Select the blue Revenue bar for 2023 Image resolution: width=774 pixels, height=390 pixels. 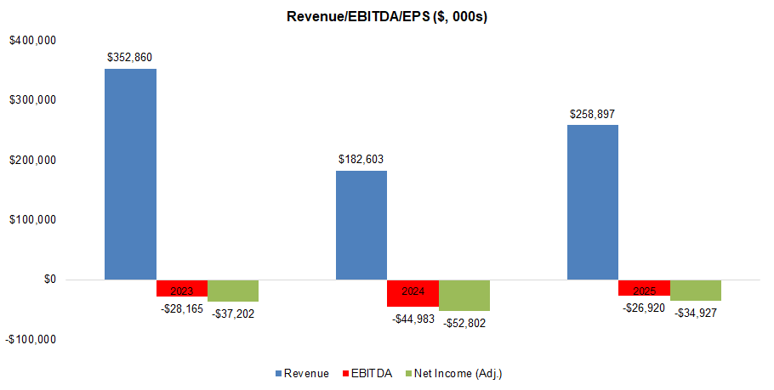click(x=130, y=173)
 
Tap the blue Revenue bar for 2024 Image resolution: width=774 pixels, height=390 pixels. click(x=361, y=224)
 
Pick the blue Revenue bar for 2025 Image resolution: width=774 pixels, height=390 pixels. click(x=593, y=201)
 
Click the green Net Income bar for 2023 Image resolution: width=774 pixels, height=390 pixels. click(x=233, y=291)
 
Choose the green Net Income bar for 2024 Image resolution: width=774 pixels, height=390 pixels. click(x=464, y=295)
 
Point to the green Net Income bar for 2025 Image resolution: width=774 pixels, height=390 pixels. click(x=696, y=290)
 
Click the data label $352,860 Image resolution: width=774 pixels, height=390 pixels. click(x=130, y=58)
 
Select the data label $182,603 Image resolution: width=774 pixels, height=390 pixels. click(x=361, y=160)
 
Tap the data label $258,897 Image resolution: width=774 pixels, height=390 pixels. click(x=593, y=114)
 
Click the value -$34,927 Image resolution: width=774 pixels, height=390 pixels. click(x=696, y=313)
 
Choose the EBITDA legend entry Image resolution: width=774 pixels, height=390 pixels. click(x=367, y=373)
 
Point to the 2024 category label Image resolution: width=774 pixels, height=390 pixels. click(x=413, y=291)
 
